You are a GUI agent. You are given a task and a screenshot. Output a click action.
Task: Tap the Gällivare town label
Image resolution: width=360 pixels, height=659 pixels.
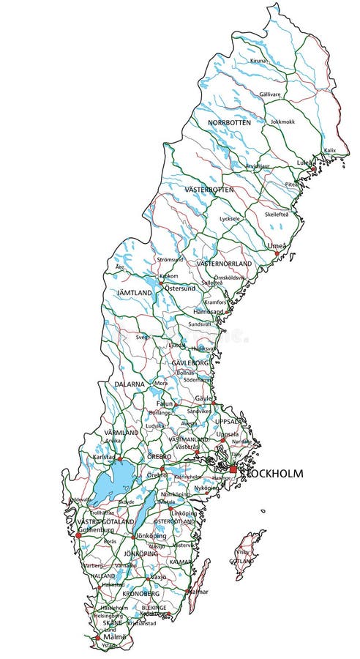coord(269,94)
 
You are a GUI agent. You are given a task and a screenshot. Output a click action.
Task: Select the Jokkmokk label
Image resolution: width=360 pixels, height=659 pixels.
coord(282,121)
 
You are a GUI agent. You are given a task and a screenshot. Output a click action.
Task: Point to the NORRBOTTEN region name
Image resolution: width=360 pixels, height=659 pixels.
coord(229,122)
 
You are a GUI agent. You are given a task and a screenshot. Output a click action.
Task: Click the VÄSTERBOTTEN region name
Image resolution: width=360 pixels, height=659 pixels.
coord(209,190)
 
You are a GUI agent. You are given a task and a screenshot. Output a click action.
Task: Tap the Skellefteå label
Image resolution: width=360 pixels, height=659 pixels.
coord(277,214)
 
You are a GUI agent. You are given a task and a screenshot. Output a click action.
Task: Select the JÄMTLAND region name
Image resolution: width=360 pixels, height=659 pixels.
coord(134,292)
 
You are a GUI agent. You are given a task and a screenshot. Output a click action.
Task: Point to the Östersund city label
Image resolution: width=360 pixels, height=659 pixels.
coord(180,288)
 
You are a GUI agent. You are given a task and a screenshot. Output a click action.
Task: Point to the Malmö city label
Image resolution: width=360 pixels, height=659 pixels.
coord(114,638)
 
